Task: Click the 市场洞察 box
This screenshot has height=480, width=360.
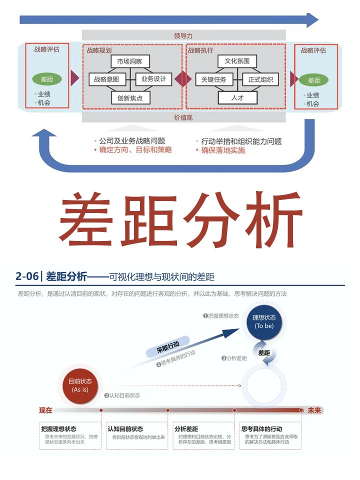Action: click(130, 61)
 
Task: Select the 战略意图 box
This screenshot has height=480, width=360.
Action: click(106, 79)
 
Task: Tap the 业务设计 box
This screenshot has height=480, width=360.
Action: click(153, 79)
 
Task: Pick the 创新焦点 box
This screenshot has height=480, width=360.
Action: click(130, 97)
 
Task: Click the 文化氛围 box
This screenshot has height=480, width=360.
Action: click(237, 61)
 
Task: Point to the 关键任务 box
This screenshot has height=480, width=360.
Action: click(213, 79)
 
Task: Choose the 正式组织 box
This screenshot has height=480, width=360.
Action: click(260, 79)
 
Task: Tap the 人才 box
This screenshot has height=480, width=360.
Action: click(237, 97)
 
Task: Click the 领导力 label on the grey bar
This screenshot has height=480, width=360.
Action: click(183, 35)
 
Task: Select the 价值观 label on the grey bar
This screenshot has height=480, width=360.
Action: click(183, 117)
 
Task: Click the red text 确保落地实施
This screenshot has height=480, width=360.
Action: click(223, 150)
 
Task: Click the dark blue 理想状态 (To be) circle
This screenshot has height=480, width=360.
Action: click(264, 321)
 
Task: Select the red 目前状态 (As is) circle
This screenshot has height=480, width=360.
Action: click(80, 385)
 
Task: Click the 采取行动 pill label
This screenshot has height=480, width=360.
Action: click(167, 347)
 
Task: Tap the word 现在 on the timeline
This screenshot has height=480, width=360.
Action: click(46, 410)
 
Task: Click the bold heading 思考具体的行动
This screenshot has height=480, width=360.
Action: click(261, 428)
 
